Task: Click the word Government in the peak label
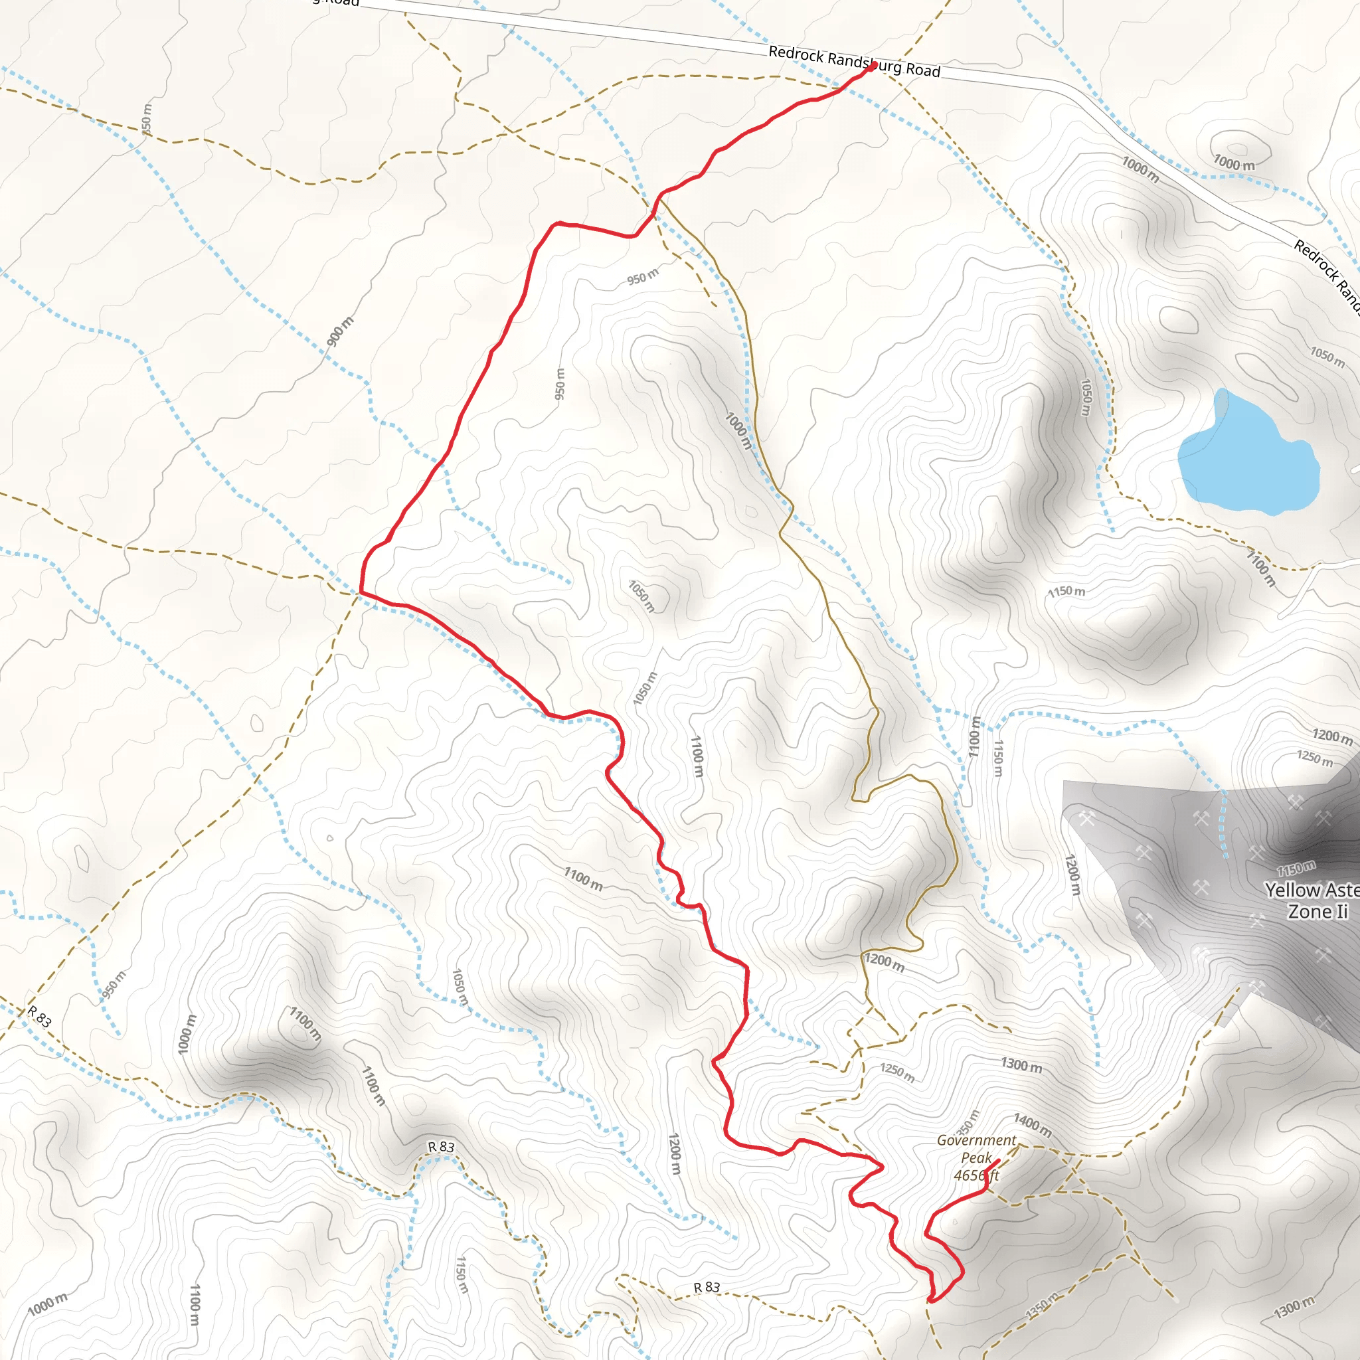[x=976, y=1140]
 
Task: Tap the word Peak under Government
[x=976, y=1157]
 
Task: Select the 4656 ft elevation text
[x=976, y=1175]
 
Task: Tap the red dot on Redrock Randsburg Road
[x=873, y=66]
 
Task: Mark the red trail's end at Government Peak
[x=998, y=1161]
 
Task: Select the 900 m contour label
[x=340, y=331]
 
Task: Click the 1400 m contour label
[x=1033, y=1125]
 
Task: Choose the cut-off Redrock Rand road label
[x=1326, y=278]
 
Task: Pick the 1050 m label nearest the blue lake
[x=1327, y=355]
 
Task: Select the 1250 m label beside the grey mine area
[x=1315, y=759]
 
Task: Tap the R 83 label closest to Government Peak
[x=707, y=1288]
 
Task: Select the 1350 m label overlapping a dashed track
[x=1043, y=1306]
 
